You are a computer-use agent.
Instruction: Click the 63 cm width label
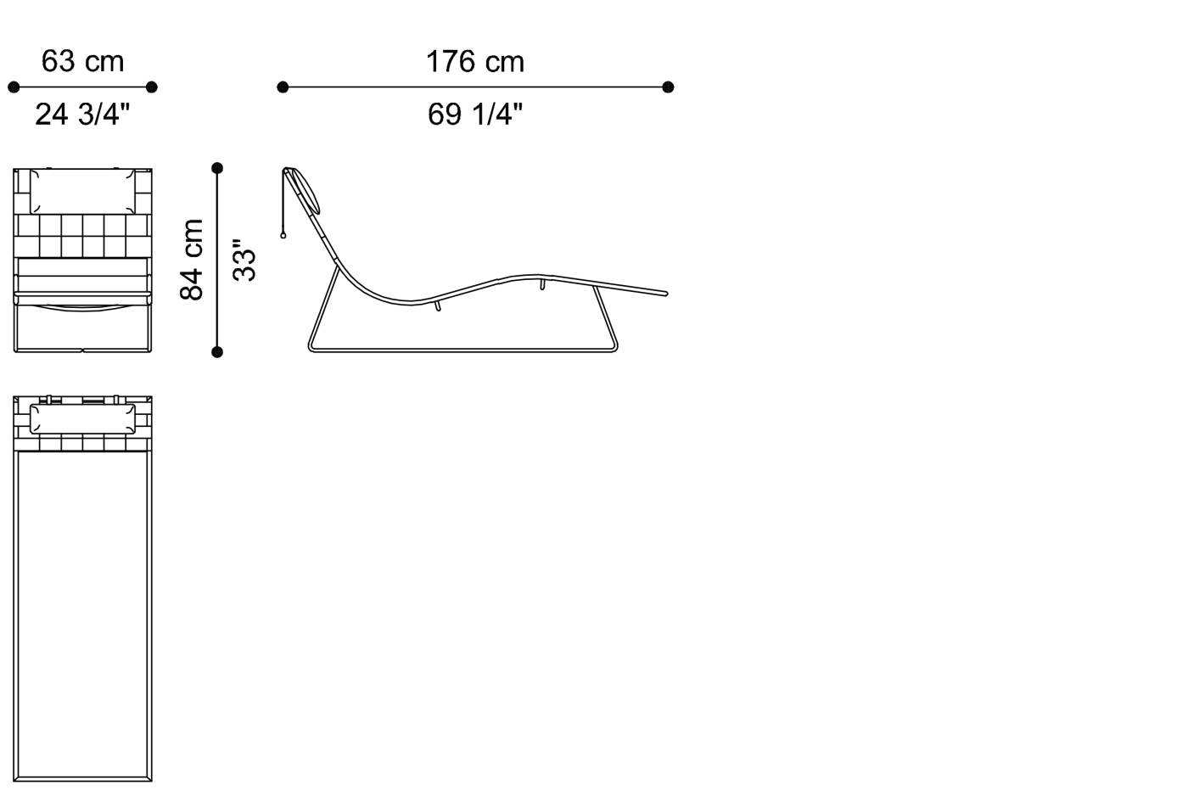[x=83, y=61]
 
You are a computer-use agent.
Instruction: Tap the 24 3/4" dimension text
[x=83, y=114]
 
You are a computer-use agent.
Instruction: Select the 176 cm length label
[x=475, y=61]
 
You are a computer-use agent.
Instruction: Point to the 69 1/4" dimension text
[x=475, y=114]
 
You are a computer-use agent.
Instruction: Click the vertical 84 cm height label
[x=192, y=260]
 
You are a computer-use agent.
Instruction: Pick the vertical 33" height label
[x=244, y=260]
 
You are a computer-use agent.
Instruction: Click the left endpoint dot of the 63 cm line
[x=14, y=87]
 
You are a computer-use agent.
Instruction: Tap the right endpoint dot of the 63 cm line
[x=152, y=87]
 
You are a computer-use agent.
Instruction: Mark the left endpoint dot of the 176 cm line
[x=283, y=87]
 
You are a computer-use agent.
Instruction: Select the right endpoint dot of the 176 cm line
[x=669, y=87]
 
